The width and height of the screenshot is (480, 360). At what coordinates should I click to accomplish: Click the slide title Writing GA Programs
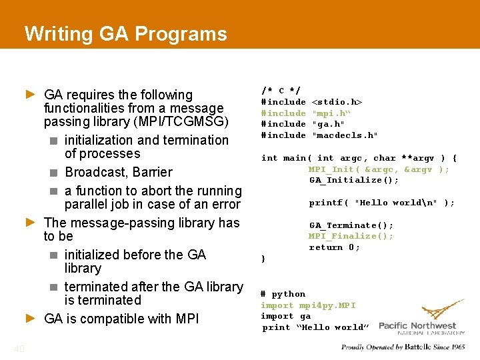(x=125, y=33)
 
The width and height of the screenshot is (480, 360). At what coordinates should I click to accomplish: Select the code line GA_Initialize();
(x=353, y=180)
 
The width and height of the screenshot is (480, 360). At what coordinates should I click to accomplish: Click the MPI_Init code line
(x=378, y=169)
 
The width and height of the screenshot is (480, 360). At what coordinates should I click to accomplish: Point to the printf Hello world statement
(x=381, y=203)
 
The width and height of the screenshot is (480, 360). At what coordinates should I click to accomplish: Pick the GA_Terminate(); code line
(x=351, y=225)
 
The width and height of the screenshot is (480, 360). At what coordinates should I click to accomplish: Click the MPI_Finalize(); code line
(x=351, y=236)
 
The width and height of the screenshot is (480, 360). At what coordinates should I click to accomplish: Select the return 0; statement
(x=334, y=247)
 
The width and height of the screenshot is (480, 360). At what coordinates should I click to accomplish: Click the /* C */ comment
(x=280, y=90)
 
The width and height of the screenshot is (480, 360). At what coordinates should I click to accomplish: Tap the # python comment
(x=283, y=294)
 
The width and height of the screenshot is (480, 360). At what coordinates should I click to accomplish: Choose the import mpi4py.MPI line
(x=308, y=305)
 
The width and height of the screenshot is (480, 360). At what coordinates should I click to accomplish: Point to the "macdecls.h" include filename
(x=345, y=135)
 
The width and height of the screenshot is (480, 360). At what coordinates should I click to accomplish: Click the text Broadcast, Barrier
(x=118, y=172)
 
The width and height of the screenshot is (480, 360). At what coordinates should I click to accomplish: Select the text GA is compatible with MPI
(x=121, y=319)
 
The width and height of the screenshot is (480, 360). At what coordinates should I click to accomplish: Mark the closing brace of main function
(x=263, y=259)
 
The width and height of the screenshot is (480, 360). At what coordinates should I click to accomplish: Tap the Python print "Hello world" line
(x=315, y=327)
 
